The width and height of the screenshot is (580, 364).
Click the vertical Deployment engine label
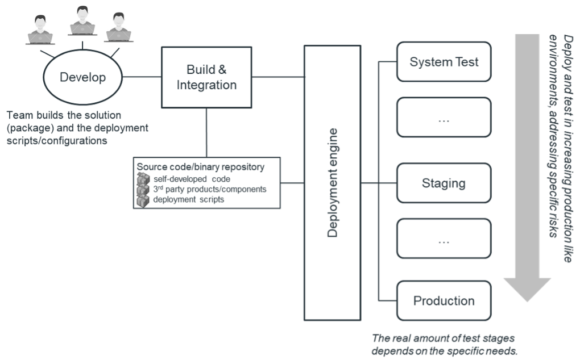pos(333,182)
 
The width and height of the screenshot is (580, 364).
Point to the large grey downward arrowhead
pos(528,290)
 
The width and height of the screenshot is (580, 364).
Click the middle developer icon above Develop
pos(82,20)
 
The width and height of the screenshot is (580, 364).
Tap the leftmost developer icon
pos(40,30)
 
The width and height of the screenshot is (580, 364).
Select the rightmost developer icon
pos(119,27)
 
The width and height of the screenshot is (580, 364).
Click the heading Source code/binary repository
pos(201,167)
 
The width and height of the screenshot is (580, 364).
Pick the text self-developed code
pos(192,179)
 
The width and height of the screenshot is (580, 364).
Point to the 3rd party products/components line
pos(210,189)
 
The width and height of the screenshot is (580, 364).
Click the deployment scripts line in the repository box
pos(189,199)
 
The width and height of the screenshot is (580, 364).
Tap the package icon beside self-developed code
pos(143,179)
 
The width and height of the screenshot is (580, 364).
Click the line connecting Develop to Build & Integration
pos(142,77)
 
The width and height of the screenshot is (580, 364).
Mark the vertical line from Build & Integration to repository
pos(206,133)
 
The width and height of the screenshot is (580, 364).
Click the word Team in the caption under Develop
pos(19,115)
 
